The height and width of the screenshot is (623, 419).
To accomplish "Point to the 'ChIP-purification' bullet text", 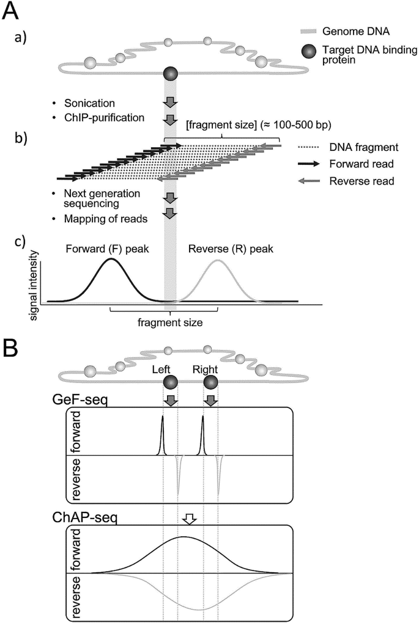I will (x=108, y=116).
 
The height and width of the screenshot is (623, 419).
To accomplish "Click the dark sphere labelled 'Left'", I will (x=171, y=383).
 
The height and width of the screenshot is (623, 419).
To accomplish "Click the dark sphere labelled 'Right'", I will (x=210, y=383).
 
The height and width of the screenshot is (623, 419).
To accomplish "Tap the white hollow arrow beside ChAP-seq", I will (x=189, y=519).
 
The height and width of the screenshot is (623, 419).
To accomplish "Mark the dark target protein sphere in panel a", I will (x=171, y=74).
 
